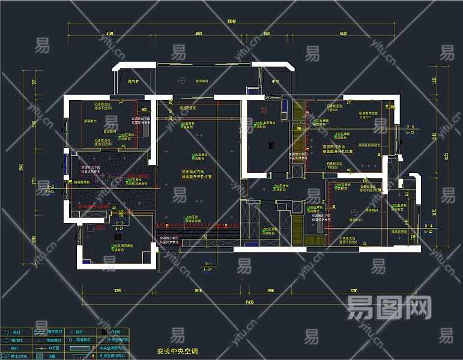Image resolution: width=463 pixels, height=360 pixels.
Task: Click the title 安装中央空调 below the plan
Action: pyautogui.click(x=177, y=351)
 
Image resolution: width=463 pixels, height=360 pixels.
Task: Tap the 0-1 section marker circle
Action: pyautogui.click(x=208, y=263)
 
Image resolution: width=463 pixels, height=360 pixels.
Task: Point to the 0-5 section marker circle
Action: pyautogui.click(x=410, y=127)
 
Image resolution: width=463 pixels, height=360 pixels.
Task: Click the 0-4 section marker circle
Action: pyautogui.click(x=428, y=226)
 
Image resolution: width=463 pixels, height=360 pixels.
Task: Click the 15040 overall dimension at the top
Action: pyautogui.click(x=231, y=22)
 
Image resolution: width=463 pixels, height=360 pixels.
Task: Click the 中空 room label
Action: pyautogui.click(x=276, y=81)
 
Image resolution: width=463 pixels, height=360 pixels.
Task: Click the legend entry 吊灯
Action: pyautogui.click(x=16, y=332)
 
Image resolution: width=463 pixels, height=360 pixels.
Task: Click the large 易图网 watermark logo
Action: pyautogui.click(x=390, y=308)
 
